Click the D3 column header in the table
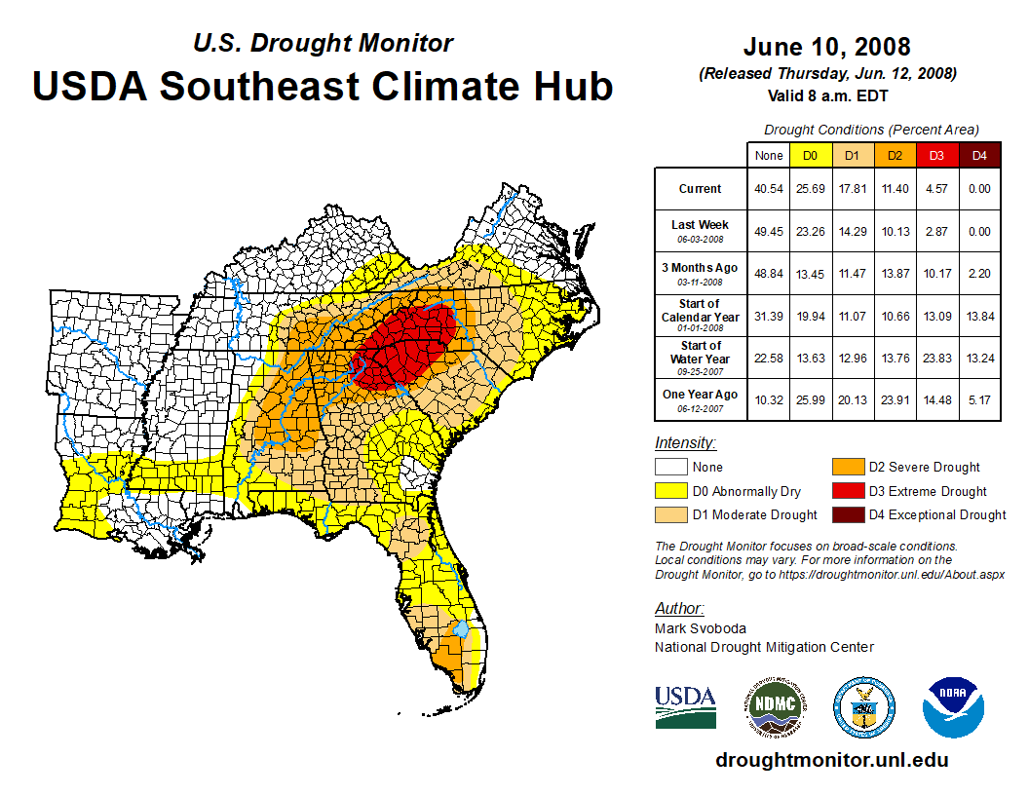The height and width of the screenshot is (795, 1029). coord(935,156)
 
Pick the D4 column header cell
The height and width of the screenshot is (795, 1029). coord(979,156)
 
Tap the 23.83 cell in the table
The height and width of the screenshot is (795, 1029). coord(935,358)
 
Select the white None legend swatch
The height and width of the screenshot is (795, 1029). coord(671,468)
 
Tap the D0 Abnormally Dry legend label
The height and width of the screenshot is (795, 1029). coord(746,492)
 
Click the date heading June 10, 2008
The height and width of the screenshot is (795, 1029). coord(826,47)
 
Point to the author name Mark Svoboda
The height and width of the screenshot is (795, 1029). coord(700,629)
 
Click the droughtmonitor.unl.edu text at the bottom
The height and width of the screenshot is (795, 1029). coord(831,760)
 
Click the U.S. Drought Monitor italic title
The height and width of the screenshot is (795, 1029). coord(323,44)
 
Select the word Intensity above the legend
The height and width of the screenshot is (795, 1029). coord(685,443)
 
